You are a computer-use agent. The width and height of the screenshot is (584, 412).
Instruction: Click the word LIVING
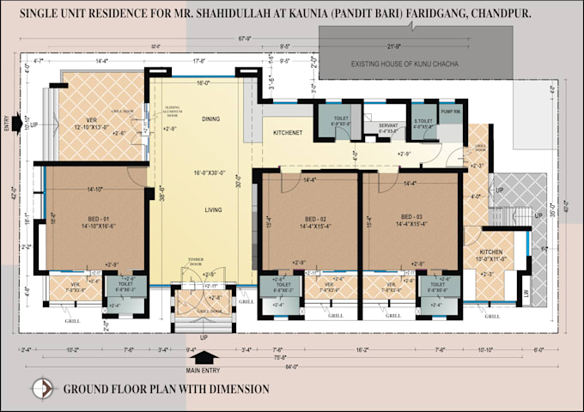click(214, 209)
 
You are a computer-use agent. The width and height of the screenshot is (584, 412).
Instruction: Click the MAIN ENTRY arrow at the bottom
click(213, 356)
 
